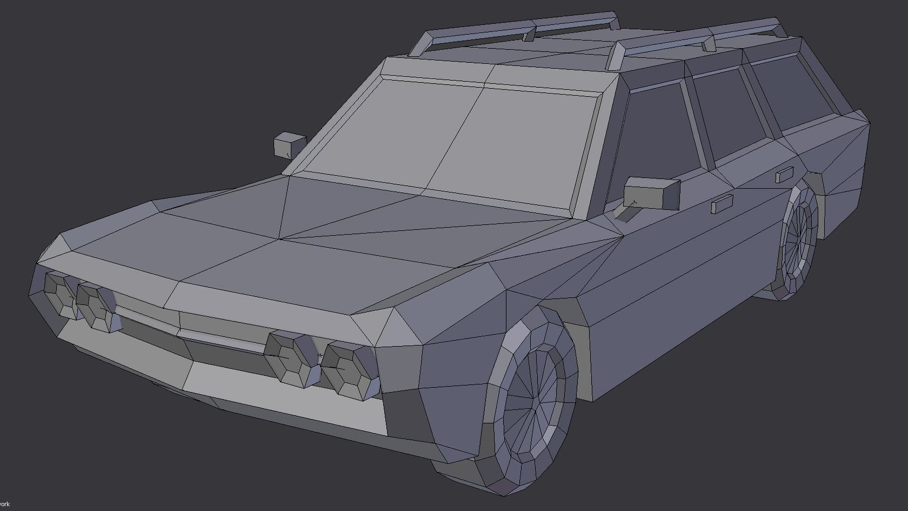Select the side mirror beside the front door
[651, 192]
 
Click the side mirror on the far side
[289, 144]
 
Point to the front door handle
[722, 204]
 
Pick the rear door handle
[784, 175]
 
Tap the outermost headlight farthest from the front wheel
[59, 294]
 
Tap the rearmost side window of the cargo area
[792, 92]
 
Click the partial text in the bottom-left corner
[4, 504]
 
